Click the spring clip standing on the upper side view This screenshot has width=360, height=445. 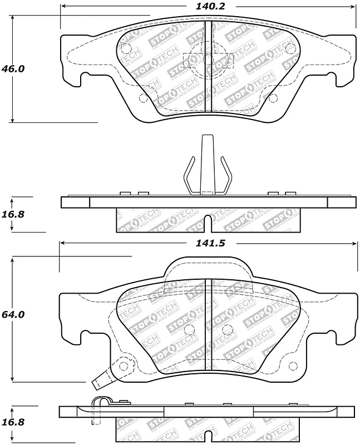(207, 167)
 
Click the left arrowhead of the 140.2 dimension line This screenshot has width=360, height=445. (62, 7)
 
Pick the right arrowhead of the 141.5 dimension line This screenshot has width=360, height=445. (354, 244)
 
